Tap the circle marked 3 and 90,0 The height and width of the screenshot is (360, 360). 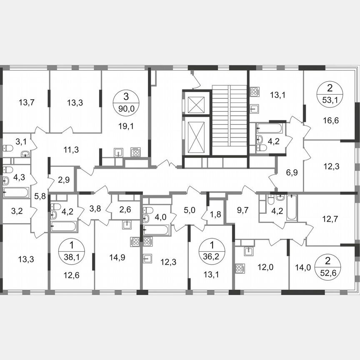(x=126, y=101)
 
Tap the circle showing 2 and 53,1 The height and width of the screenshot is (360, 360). (x=330, y=94)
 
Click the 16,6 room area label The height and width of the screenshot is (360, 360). (x=330, y=121)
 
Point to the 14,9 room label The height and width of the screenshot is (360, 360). (x=117, y=258)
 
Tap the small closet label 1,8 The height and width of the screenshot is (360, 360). (x=216, y=215)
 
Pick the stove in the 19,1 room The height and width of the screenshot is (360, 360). (x=135, y=152)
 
